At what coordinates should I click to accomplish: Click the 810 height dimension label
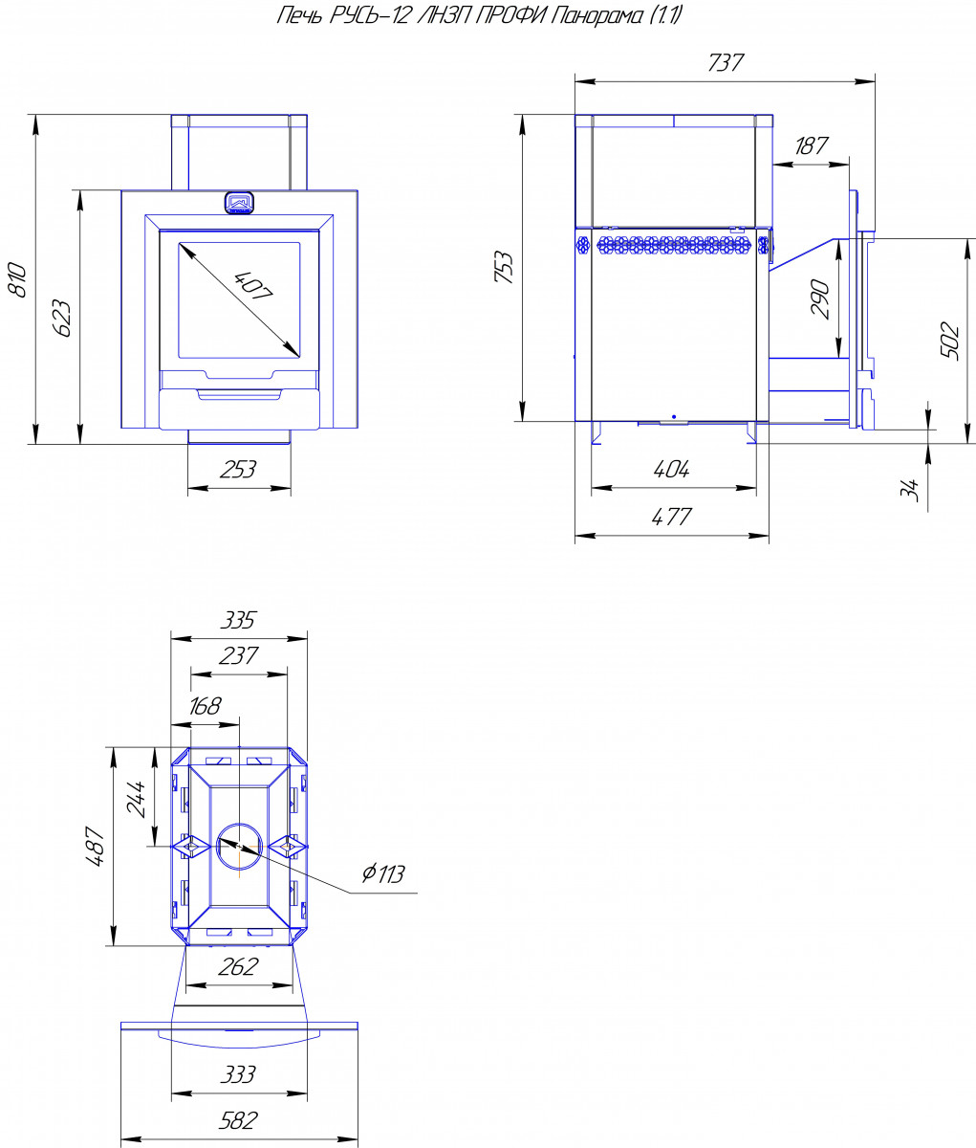tap(17, 277)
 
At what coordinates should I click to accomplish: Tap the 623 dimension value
tap(62, 317)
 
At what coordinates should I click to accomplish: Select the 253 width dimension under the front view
tap(238, 470)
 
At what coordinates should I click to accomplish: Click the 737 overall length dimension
tap(725, 63)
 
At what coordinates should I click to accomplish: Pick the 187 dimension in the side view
tap(812, 145)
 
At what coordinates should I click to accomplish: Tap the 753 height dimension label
tap(507, 268)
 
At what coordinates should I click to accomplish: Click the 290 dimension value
tap(820, 298)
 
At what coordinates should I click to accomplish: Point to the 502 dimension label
tap(950, 341)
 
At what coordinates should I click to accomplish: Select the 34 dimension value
tap(911, 489)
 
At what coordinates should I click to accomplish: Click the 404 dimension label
tap(670, 469)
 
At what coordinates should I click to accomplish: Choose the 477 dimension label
tap(670, 518)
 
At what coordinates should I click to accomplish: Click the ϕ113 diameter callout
tap(383, 873)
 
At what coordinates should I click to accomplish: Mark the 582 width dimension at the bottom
tap(238, 1120)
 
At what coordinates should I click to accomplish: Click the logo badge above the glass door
tap(239, 202)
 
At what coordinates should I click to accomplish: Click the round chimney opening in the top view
tap(237, 847)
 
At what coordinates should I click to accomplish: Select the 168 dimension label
tap(205, 706)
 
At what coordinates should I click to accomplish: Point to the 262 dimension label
tap(238, 966)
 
